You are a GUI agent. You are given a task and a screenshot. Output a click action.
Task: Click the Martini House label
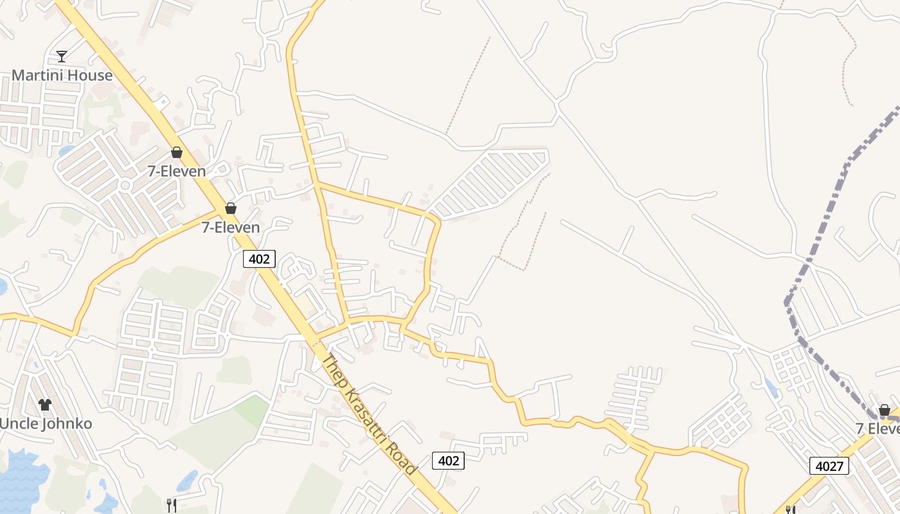[62, 75]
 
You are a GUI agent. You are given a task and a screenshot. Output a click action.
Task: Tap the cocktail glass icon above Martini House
[61, 57]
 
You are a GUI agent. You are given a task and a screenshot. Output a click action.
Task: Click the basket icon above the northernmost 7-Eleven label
[176, 152]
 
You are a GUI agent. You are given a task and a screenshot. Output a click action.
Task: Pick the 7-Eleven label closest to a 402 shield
[230, 227]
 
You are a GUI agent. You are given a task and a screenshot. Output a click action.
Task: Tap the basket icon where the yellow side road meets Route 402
[230, 208]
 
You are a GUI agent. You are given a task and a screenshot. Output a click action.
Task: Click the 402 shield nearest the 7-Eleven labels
[259, 259]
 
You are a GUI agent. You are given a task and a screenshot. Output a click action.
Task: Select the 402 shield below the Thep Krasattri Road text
[448, 460]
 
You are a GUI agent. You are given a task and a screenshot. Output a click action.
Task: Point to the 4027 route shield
[829, 466]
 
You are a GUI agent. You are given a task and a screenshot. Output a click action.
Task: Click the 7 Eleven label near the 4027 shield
[877, 429]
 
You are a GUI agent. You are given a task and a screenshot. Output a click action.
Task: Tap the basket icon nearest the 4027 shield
[884, 410]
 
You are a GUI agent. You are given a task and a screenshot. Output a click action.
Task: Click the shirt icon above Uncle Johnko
[44, 404]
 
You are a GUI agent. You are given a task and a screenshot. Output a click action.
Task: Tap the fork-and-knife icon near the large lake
[171, 505]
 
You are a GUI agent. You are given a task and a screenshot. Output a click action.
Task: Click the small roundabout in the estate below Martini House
[125, 185]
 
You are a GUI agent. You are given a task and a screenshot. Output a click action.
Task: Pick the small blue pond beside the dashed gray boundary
[771, 387]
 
